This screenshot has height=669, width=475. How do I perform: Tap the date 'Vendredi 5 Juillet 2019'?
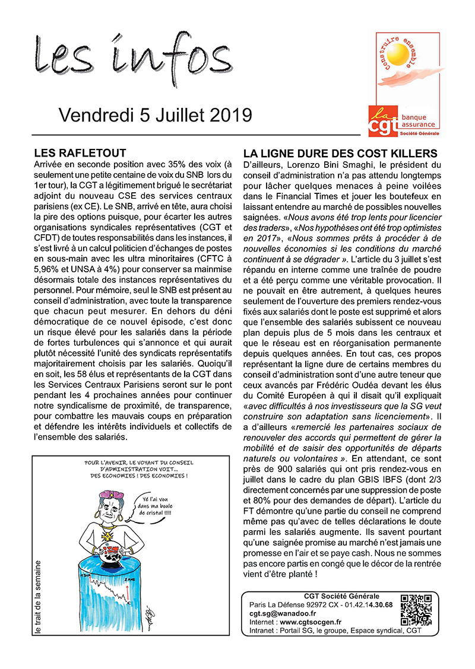click(x=155, y=114)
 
